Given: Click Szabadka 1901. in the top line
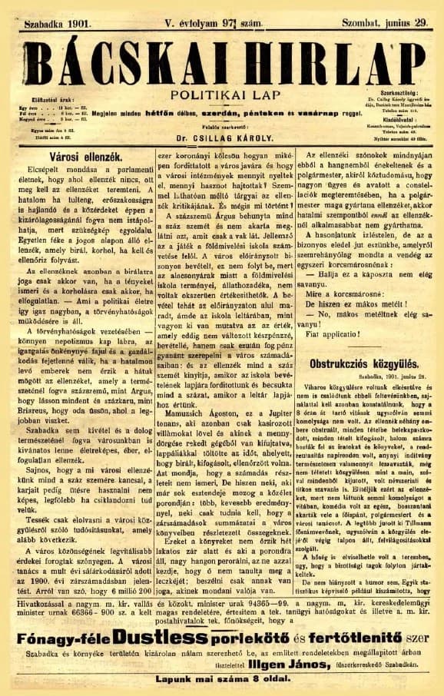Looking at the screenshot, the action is [58, 25].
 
